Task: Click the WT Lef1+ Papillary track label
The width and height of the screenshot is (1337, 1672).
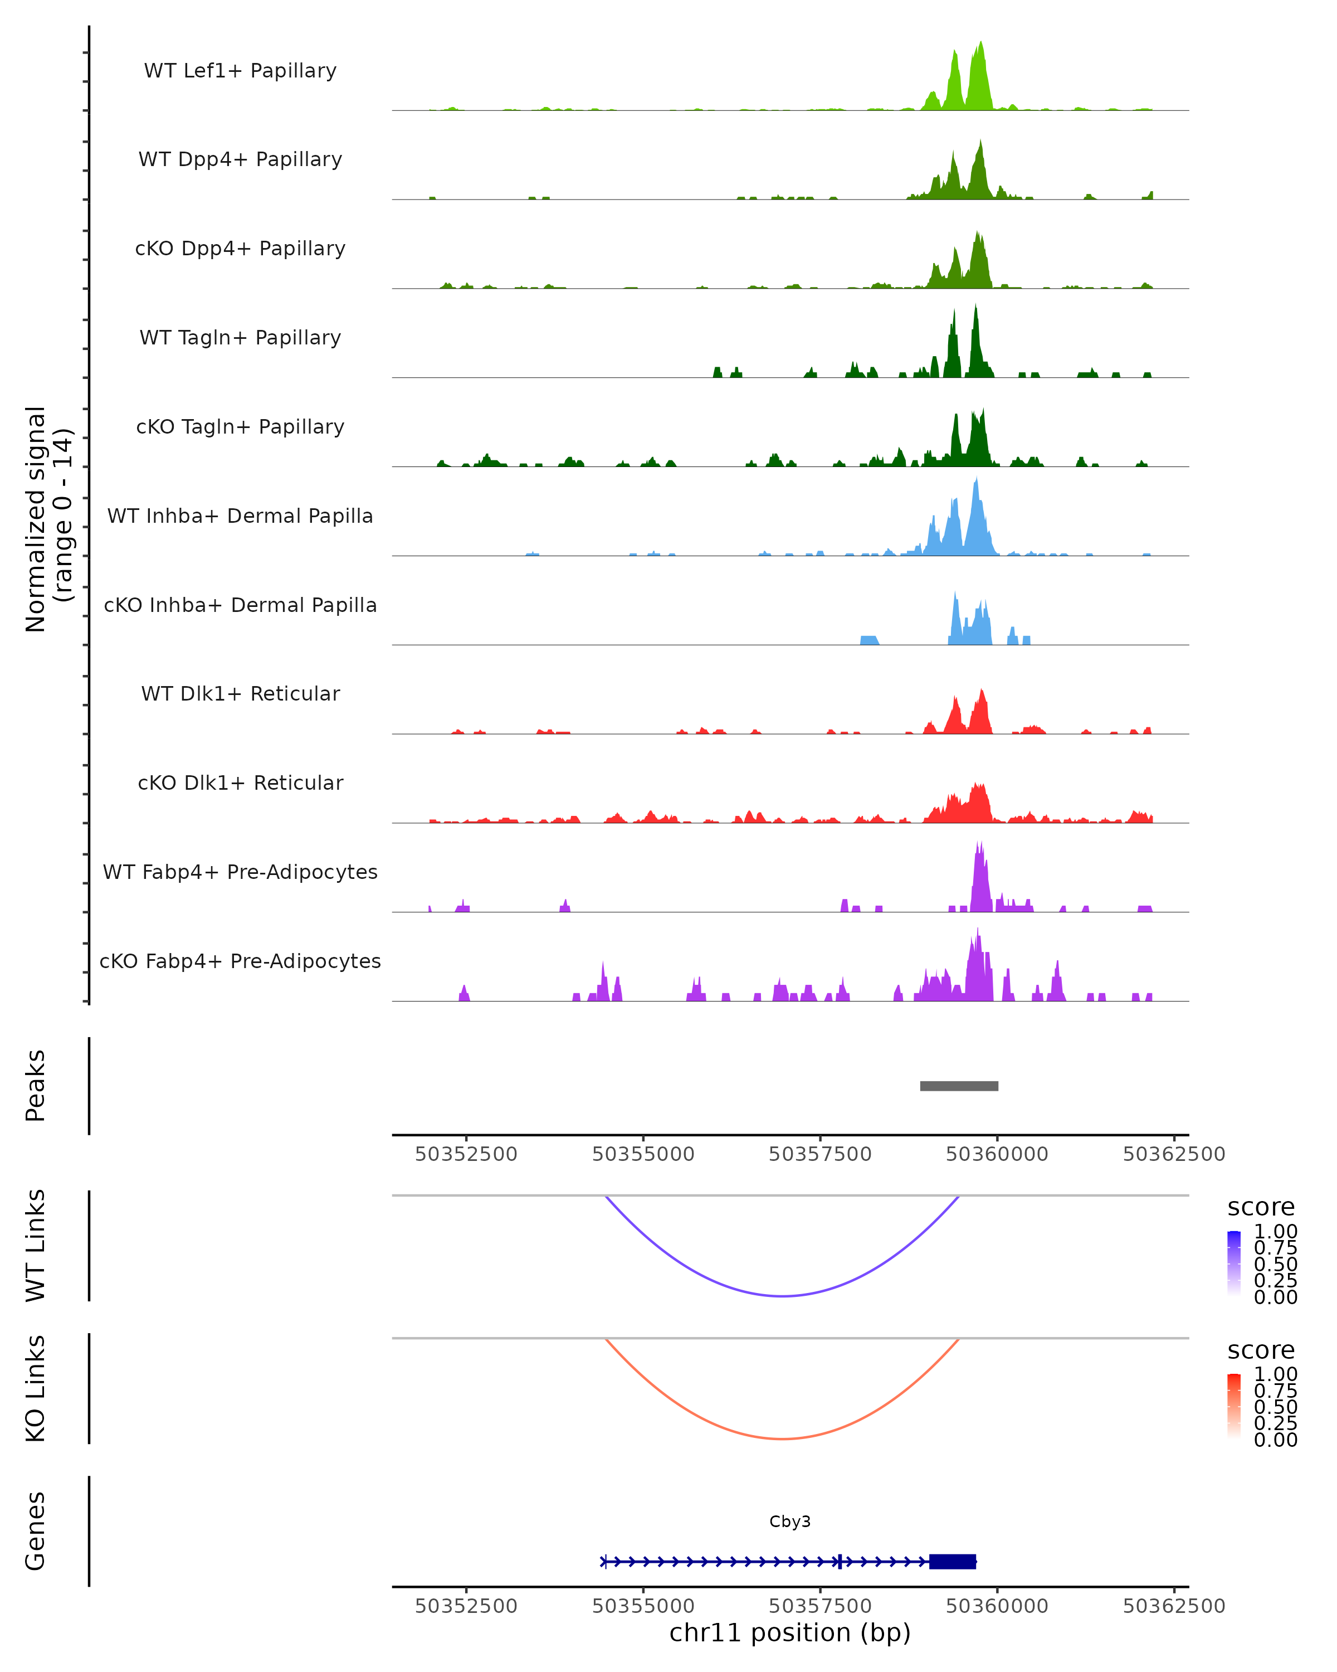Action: coord(240,71)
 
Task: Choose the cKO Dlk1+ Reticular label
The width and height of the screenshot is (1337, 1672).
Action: coord(240,782)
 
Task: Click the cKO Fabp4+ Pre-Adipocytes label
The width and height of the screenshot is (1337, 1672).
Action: coord(240,961)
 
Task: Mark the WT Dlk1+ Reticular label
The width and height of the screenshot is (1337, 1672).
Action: coord(240,693)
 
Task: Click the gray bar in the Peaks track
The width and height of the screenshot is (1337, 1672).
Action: coord(959,1086)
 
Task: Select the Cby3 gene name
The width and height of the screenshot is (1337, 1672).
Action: coord(790,1521)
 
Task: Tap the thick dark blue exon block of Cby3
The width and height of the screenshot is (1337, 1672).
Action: coord(953,1561)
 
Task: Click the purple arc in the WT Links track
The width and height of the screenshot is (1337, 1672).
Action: coord(783,1295)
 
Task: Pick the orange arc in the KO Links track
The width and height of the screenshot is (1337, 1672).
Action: coord(783,1438)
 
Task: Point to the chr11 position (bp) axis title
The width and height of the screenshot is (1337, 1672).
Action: coord(790,1632)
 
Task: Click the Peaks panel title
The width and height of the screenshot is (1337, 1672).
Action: coord(36,1085)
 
